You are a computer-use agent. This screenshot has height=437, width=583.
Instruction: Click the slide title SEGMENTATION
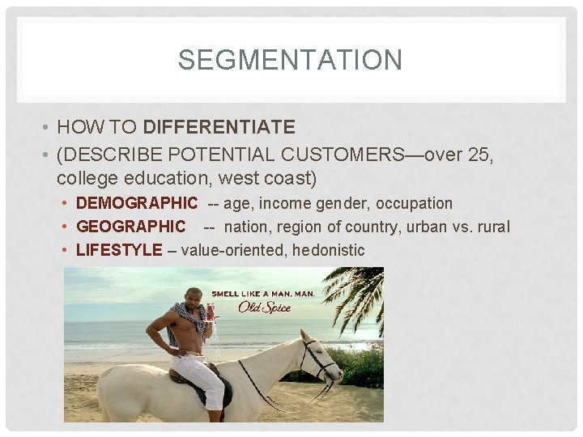tap(290, 60)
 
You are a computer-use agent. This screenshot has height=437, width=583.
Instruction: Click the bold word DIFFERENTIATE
tap(219, 127)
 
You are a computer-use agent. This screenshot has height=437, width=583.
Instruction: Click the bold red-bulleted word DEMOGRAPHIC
tap(136, 203)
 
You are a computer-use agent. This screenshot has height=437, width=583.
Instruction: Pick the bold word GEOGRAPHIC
tap(130, 227)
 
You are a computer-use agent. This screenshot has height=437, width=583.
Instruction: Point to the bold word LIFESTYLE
tap(119, 250)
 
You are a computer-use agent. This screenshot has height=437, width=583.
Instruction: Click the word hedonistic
tap(328, 250)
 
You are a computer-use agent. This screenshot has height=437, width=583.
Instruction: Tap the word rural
tap(492, 227)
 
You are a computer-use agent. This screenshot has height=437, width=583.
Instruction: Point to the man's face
tap(194, 299)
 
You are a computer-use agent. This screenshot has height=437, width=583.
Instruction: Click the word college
tap(84, 177)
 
